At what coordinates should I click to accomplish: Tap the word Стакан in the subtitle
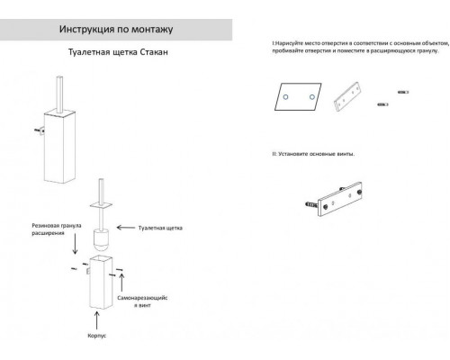point(154,52)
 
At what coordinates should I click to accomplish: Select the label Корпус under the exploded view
point(97,336)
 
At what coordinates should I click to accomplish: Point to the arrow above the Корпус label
point(96,320)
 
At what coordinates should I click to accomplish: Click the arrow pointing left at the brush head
point(126,228)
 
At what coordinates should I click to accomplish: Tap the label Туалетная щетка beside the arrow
point(160,228)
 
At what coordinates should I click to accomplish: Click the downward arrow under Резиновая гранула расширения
point(75,244)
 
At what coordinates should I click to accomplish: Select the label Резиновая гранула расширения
point(57,229)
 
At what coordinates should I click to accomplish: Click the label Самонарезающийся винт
point(142,301)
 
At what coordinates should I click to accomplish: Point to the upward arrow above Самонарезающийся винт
point(121,282)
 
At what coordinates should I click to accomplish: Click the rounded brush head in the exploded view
point(101,240)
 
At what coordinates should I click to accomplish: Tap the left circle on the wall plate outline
point(285,97)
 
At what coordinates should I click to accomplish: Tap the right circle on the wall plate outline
point(312,97)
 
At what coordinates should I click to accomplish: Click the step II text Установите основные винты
point(313,154)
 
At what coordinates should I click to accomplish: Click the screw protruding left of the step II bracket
point(311,204)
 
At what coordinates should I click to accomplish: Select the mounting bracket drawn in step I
point(346,96)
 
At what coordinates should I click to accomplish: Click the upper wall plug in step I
point(403,93)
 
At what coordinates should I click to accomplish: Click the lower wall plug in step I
point(382,104)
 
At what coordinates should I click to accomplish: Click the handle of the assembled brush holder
point(59,94)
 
